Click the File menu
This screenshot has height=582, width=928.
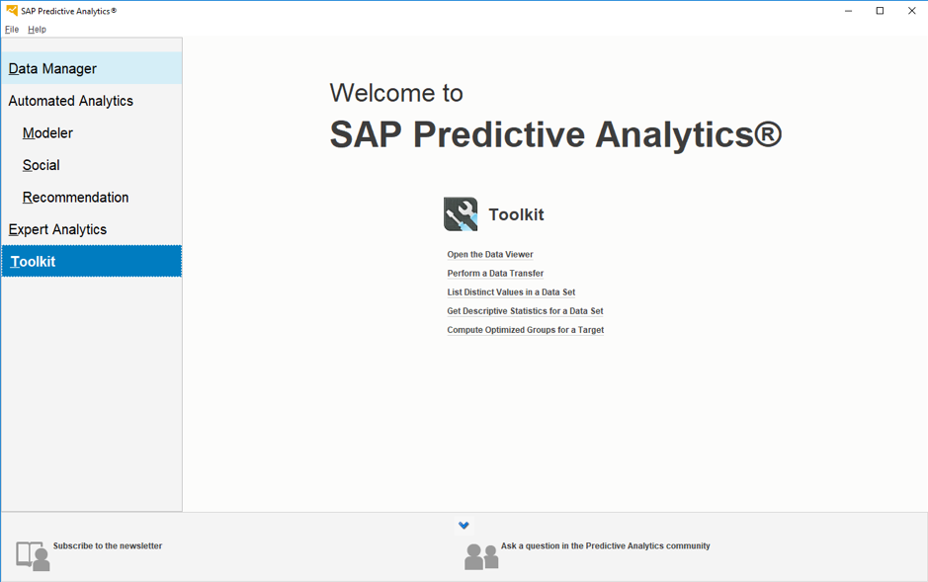click(12, 30)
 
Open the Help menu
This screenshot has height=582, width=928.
click(37, 30)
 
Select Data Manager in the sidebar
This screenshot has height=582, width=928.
click(52, 69)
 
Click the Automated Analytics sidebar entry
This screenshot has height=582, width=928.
click(70, 101)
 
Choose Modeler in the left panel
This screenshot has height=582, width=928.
click(47, 133)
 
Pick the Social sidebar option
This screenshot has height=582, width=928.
click(41, 165)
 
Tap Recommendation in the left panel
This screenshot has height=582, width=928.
click(75, 198)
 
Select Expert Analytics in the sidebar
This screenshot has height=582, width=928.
click(57, 229)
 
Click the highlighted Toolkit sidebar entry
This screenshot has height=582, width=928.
click(34, 262)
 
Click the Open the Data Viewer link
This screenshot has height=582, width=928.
click(489, 255)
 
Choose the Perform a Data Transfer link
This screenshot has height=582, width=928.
click(495, 274)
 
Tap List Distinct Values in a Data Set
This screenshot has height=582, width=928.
click(511, 292)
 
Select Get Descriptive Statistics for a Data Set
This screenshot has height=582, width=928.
click(525, 311)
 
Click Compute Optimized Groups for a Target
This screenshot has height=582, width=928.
click(525, 330)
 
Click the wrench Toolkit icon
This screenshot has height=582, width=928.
click(461, 214)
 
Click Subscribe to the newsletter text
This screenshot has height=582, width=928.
click(107, 546)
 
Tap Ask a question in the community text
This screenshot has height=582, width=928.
click(605, 546)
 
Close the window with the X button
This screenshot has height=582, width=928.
click(911, 11)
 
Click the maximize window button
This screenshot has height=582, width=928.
click(880, 11)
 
